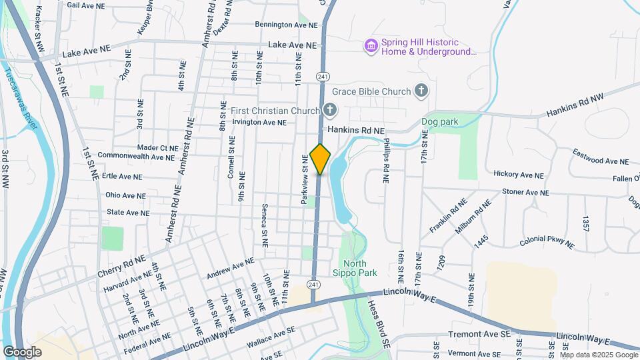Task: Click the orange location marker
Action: tap(321, 159)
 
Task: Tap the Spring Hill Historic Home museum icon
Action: tap(371, 45)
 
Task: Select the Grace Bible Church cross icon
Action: tap(421, 90)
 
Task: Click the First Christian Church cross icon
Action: tap(329, 110)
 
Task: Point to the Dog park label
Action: tap(440, 122)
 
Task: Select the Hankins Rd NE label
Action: tap(356, 131)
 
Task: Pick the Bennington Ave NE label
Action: tap(287, 25)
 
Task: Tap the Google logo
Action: tap(22, 351)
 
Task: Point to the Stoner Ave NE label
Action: tap(525, 192)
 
